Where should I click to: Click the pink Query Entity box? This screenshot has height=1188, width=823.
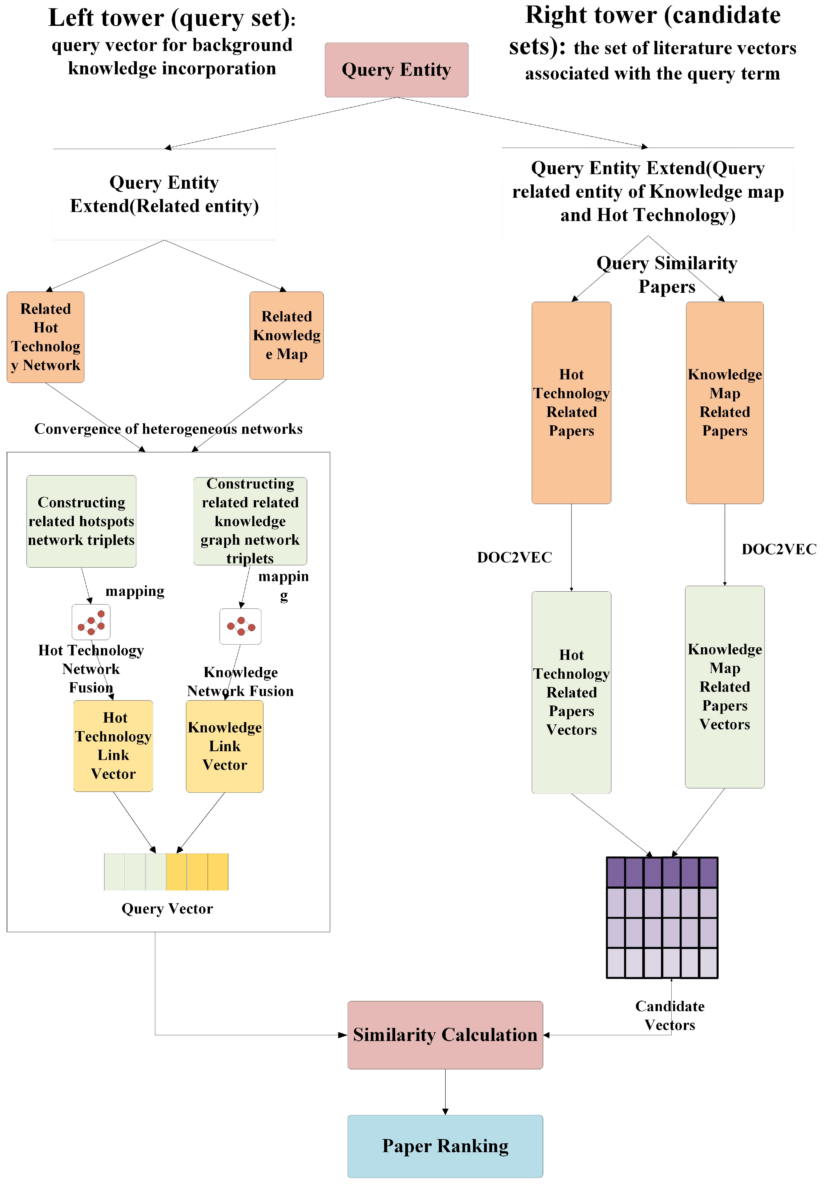(396, 69)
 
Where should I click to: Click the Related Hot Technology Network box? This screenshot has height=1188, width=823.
(45, 337)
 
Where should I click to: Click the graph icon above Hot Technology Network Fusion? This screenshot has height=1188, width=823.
(91, 622)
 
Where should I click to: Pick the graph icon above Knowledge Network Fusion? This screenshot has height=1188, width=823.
(240, 626)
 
